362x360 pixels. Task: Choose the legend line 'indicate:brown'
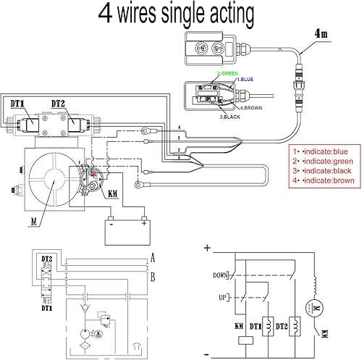pos(322,181)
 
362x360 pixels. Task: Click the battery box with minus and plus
pos(126,230)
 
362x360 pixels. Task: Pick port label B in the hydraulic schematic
pos(152,276)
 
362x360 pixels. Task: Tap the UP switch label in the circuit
pos(222,298)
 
